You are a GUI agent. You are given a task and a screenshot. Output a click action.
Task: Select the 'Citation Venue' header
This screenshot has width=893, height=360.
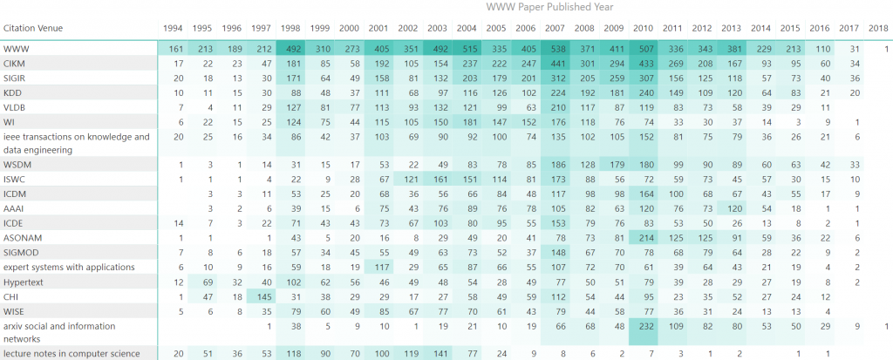[x=33, y=28]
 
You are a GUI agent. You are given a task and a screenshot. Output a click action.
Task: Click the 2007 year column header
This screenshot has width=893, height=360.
[x=554, y=28]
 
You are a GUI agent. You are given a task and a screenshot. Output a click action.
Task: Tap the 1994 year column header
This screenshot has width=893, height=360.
[x=173, y=28]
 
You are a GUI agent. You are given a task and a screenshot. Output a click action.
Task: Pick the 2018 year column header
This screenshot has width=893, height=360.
[x=878, y=28]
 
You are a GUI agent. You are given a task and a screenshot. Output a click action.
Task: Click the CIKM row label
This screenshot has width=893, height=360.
[x=15, y=64]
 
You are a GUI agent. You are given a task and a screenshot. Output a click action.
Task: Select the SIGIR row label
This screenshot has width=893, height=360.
[x=16, y=78]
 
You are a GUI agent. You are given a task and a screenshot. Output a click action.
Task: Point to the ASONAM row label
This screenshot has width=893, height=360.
[x=22, y=238]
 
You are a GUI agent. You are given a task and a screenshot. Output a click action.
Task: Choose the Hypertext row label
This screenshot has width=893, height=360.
[x=24, y=282]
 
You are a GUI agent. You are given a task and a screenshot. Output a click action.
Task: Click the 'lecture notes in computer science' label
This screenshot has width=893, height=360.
[x=72, y=353]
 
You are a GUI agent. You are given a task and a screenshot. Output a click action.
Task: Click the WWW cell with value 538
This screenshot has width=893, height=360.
[x=555, y=49]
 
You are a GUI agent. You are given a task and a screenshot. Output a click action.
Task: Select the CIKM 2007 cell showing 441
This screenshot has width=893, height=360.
[x=555, y=64]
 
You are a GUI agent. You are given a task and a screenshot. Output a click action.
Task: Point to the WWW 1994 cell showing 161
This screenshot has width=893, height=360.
[x=174, y=49]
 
